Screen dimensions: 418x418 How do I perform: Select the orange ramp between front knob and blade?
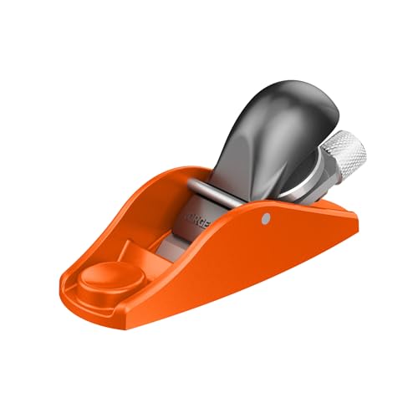click(x=138, y=251)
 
